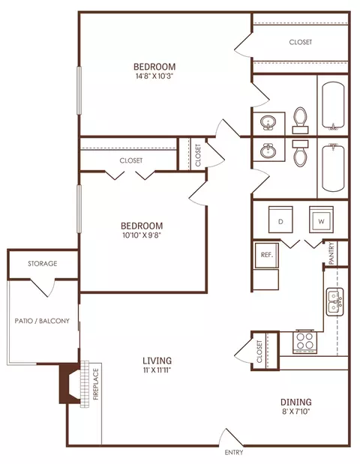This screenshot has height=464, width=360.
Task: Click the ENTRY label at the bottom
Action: (x=234, y=453)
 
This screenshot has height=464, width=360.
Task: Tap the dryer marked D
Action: (x=280, y=220)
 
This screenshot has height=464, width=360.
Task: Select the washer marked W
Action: (x=321, y=220)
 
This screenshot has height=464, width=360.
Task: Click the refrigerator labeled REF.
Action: (x=267, y=255)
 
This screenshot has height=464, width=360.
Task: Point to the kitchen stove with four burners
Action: (x=305, y=342)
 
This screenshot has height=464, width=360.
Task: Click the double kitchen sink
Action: (x=334, y=302)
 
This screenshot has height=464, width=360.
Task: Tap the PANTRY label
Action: (x=331, y=253)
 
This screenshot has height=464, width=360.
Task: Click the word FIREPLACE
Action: (x=96, y=384)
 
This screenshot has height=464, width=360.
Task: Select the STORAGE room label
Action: (x=43, y=263)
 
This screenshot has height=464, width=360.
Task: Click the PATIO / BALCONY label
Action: (x=42, y=321)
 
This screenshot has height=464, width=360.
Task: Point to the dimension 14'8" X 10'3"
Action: (x=154, y=76)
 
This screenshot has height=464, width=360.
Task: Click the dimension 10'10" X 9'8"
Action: (x=142, y=235)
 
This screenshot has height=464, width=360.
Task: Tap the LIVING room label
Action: (x=157, y=361)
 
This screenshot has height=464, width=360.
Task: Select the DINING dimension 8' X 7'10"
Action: (x=295, y=411)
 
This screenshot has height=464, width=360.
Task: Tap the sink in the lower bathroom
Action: (x=268, y=151)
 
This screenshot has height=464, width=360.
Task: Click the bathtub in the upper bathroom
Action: (x=333, y=106)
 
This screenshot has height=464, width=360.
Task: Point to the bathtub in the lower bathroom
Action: (x=333, y=168)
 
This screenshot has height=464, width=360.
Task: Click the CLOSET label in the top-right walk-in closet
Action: (x=301, y=42)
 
